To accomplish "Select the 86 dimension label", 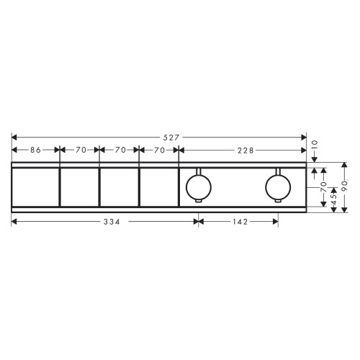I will [35, 150].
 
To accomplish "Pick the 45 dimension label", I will [333, 198].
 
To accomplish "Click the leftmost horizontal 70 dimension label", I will [79, 150].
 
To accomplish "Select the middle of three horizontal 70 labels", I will [120, 150].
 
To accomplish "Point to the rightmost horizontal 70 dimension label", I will [159, 150].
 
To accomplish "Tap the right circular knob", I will [277, 188].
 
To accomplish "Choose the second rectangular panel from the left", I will [79, 186].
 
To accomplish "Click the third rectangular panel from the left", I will [119, 186].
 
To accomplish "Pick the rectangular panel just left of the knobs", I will [159, 186].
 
